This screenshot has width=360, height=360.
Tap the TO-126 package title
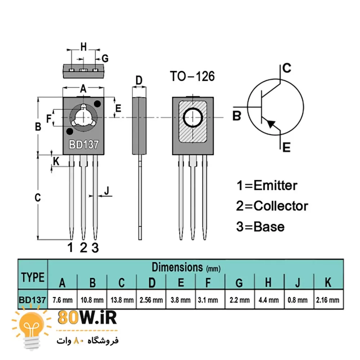pos(192,76)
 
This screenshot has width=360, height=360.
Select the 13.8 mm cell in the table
pos(122,300)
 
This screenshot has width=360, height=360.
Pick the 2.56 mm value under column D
pos(151,300)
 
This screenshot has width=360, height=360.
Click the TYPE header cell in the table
pos(33,277)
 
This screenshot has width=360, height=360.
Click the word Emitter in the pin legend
pos(275,185)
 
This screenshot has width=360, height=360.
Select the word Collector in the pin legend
pos(281,206)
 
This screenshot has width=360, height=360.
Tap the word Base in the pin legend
pos(269,227)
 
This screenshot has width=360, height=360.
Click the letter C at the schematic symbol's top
pos(287,68)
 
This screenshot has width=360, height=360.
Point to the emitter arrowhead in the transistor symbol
pos(271,123)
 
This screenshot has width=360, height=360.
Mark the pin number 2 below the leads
pos(84,248)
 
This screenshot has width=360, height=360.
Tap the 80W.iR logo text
pos(87,318)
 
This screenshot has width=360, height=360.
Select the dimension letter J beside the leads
pos(106,190)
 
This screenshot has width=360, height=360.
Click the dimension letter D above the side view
pos(139,80)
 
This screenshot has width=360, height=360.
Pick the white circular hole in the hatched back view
pos(193,118)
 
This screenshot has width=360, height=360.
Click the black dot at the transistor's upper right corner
pos(97,104)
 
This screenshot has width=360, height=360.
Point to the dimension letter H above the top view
pos(84,46)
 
